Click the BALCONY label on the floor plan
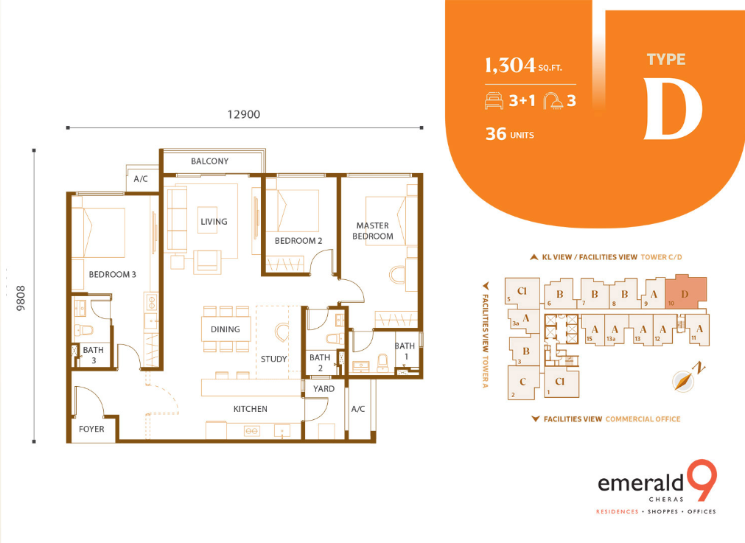pyautogui.click(x=209, y=161)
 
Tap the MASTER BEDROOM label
pyautogui.click(x=373, y=231)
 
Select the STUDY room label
pyautogui.click(x=273, y=359)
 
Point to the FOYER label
pyautogui.click(x=91, y=429)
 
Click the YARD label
pyautogui.click(x=323, y=388)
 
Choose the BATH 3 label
pyautogui.click(x=93, y=355)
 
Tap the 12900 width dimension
pyautogui.click(x=244, y=114)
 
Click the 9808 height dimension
pyautogui.click(x=21, y=298)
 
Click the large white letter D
pyautogui.click(x=672, y=110)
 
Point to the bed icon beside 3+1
pyautogui.click(x=494, y=101)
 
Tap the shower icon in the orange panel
pyautogui.click(x=553, y=101)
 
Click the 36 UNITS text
pyautogui.click(x=510, y=134)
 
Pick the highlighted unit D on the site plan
pyautogui.click(x=685, y=293)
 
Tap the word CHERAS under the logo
pyautogui.click(x=666, y=500)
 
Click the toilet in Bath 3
pyautogui.click(x=85, y=329)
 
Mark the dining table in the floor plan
pyautogui.click(x=225, y=329)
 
